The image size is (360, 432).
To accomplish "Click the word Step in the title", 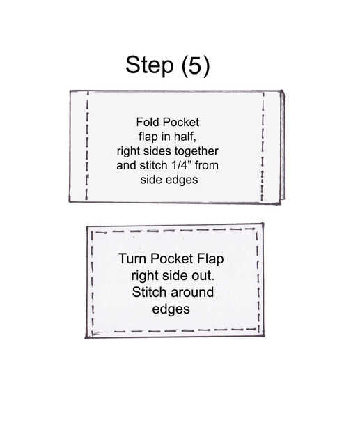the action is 150,65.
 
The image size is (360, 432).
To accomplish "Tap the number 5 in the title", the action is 194,65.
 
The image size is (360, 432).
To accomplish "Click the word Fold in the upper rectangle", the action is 147,122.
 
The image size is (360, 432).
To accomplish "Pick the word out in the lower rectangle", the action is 203,275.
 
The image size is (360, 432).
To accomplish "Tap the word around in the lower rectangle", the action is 192,293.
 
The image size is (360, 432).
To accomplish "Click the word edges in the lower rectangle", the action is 171,309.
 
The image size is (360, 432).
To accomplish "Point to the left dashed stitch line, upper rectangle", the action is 87,145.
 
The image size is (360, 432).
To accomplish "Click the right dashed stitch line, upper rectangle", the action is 263,146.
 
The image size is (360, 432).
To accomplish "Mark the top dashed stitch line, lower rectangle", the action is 175,231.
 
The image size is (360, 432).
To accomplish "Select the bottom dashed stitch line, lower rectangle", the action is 175,330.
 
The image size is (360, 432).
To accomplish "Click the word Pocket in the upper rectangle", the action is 180,122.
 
